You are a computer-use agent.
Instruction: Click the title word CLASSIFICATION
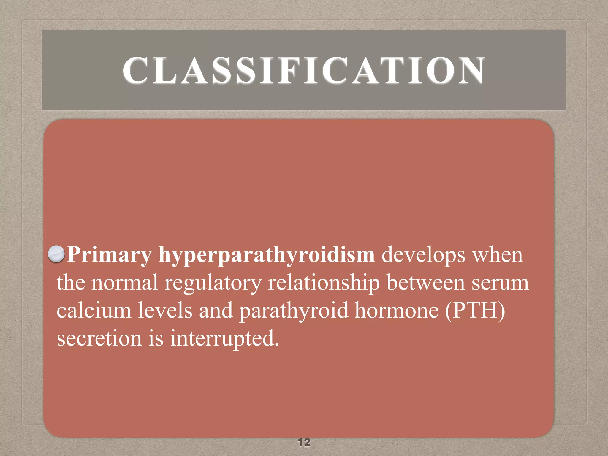[303, 70]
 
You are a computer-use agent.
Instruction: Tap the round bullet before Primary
[56, 254]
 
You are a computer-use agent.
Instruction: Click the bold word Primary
[109, 255]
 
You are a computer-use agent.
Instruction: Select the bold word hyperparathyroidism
[267, 255]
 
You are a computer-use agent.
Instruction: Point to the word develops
[423, 255]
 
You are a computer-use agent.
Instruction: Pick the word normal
[124, 282]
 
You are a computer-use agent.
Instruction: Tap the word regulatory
[213, 283]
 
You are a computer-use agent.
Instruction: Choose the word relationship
[324, 283]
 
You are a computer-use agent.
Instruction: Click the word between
[425, 282]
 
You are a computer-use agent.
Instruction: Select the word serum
[500, 283]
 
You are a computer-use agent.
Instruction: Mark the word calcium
[94, 310]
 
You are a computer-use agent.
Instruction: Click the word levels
[165, 310]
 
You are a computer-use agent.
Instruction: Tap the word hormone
[397, 310]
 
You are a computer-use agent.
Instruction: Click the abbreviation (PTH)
[475, 310]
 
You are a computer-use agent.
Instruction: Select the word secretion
[99, 338]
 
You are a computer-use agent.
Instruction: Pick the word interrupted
[224, 339]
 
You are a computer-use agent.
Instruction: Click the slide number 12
[304, 442]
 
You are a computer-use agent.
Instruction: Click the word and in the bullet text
[216, 310]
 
